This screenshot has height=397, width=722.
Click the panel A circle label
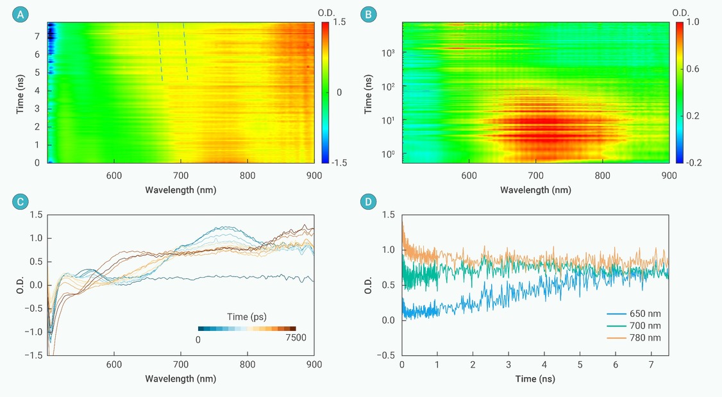21,14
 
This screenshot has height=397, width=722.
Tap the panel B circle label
368,14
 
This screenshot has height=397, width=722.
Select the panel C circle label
21,202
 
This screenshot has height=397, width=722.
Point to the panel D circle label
368,202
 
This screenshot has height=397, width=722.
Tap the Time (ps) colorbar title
247,317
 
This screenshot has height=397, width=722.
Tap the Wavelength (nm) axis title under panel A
181,190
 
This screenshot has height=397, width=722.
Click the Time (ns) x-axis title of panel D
535,378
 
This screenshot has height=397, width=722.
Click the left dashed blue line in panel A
160,51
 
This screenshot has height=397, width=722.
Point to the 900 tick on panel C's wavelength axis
313,363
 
